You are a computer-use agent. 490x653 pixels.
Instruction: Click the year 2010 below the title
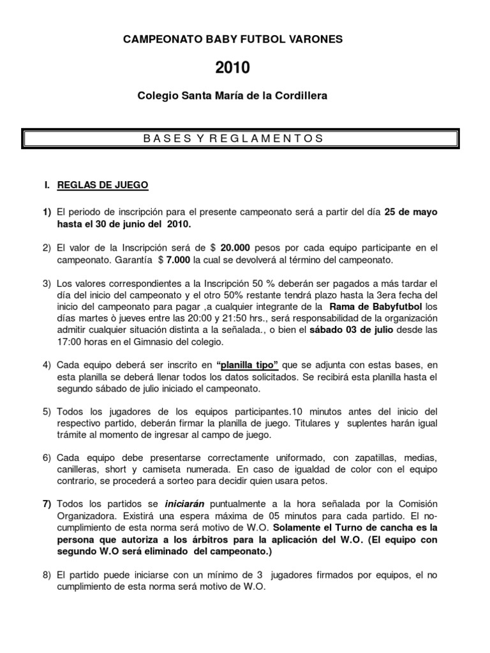coord(232,68)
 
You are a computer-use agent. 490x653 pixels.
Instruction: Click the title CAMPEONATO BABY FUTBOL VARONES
coord(232,40)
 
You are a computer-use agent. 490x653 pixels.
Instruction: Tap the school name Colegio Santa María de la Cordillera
coord(232,96)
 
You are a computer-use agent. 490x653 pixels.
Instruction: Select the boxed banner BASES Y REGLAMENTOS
coord(240,138)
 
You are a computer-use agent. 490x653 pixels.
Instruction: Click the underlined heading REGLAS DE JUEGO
coord(103,186)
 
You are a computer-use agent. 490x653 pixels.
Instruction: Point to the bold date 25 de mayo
coord(410,212)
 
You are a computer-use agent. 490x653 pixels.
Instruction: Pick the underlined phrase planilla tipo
coord(248,365)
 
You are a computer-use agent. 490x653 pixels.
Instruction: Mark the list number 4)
coord(47,365)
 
